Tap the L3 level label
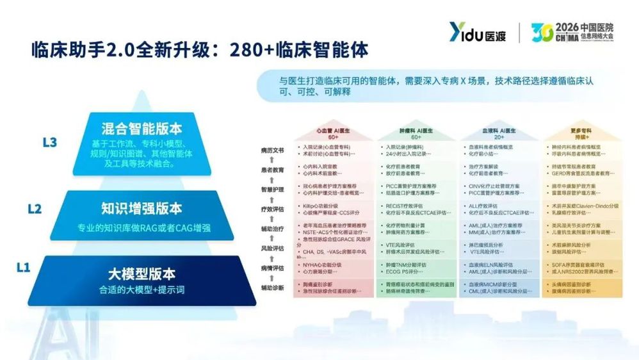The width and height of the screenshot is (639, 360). click(50, 142)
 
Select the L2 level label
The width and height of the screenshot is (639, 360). click(35, 209)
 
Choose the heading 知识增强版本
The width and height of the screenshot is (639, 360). click(142, 208)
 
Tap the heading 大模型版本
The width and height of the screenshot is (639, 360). click(142, 274)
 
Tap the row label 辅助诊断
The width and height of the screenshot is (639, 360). click(271, 288)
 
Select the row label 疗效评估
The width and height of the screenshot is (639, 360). click(271, 209)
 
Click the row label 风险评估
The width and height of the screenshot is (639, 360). click(271, 248)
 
